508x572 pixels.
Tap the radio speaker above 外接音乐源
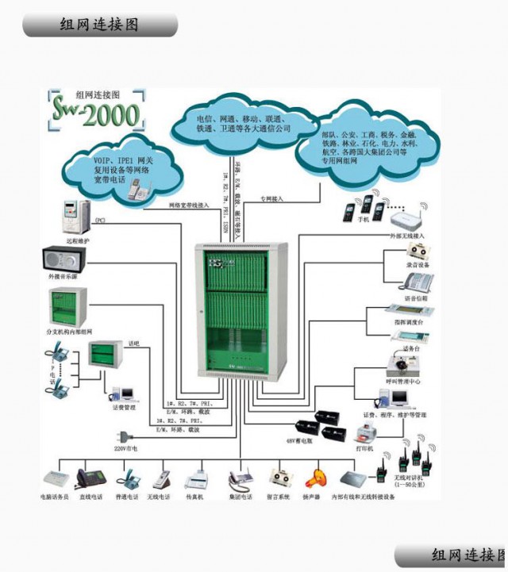point(64,259)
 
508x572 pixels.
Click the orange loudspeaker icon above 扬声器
point(311,478)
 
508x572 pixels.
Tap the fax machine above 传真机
point(194,479)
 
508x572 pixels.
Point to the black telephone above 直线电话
point(88,478)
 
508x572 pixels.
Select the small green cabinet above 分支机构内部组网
point(66,306)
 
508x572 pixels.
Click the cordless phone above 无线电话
point(160,479)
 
